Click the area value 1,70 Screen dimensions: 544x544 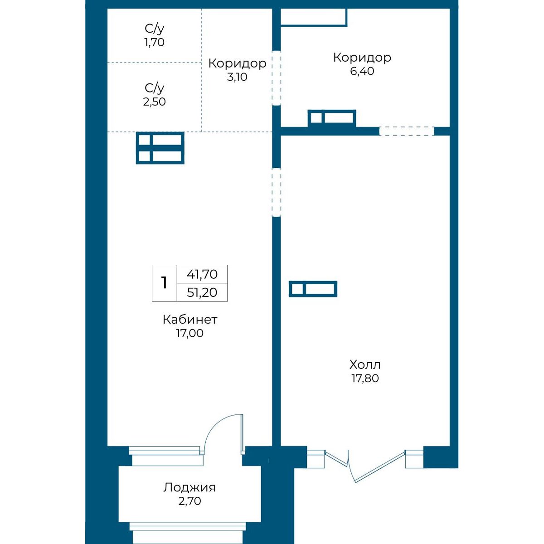tap(154, 42)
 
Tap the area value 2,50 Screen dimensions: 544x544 tap(154, 102)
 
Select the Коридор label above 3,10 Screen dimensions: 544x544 tap(237, 63)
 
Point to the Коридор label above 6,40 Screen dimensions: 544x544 tap(362, 58)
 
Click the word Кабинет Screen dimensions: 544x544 tap(190, 320)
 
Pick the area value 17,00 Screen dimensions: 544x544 tap(190, 333)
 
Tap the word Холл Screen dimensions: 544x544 tap(365, 365)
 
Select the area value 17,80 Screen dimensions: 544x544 tap(365, 378)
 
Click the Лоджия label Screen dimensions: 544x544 tap(189, 487)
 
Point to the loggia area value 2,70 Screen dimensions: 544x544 tap(189, 501)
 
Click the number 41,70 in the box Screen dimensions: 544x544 tap(202, 274)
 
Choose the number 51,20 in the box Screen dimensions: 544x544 tap(202, 292)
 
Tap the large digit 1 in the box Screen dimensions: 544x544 tap(164, 282)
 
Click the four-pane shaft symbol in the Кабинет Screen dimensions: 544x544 tap(160, 148)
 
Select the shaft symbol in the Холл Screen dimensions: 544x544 tap(313, 289)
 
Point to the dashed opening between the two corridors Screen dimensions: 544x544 tap(277, 78)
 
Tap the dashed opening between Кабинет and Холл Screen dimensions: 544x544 tap(277, 192)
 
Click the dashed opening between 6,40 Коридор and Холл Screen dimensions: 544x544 tap(407, 131)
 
